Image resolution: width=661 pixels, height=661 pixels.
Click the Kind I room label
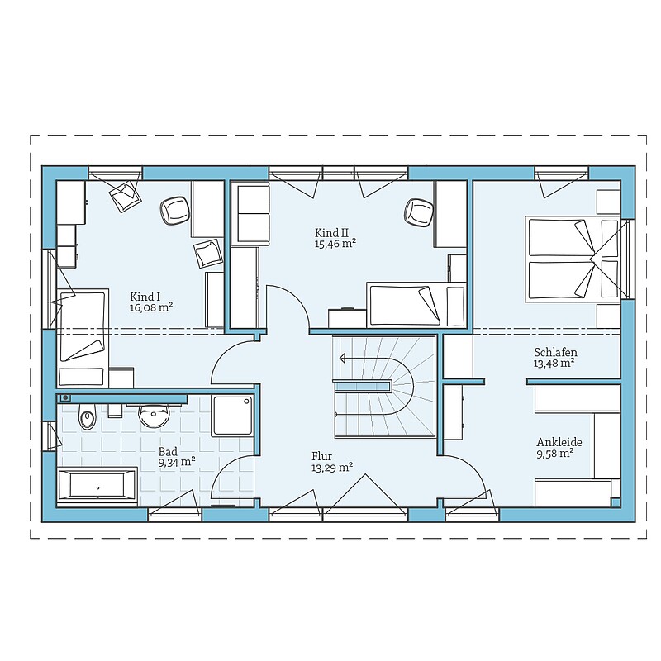pyautogui.click(x=145, y=297)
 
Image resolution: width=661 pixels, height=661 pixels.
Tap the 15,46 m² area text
pyautogui.click(x=335, y=244)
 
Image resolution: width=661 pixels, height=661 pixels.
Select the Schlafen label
pyautogui.click(x=555, y=352)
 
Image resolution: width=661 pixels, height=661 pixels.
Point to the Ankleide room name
pyautogui.click(x=559, y=442)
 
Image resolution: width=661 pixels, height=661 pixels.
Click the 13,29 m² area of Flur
pyautogui.click(x=332, y=467)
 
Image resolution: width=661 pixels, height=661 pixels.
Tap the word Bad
pyautogui.click(x=168, y=452)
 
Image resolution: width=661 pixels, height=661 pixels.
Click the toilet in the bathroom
pyautogui.click(x=88, y=414)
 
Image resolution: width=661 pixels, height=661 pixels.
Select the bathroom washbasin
pyautogui.click(x=154, y=416)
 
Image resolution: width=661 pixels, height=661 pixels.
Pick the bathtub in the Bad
pyautogui.click(x=97, y=485)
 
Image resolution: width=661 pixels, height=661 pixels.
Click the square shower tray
pyautogui.click(x=232, y=416)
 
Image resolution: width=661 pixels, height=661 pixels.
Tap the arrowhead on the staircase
pyautogui.click(x=343, y=359)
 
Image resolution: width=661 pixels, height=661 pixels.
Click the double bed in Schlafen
pyautogui.click(x=572, y=259)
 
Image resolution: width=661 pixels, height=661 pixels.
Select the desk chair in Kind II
pyautogui.click(x=419, y=212)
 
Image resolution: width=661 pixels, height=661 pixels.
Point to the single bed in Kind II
pyautogui.click(x=416, y=305)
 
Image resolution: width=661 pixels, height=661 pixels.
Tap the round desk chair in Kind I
pyautogui.click(x=175, y=211)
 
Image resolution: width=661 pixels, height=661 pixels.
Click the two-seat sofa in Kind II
pyautogui.click(x=250, y=213)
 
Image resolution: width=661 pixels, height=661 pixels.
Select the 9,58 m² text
pyautogui.click(x=554, y=454)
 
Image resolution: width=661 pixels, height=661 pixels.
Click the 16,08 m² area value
pyautogui.click(x=151, y=307)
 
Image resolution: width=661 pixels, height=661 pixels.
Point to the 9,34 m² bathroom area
pyautogui.click(x=177, y=463)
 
